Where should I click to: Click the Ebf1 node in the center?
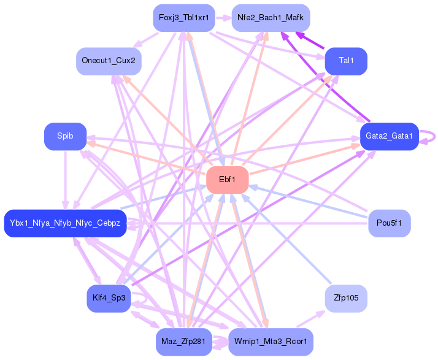click(228, 180)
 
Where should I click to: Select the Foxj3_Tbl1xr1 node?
click(184, 18)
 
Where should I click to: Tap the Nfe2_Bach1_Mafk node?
click(271, 18)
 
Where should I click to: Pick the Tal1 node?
click(346, 61)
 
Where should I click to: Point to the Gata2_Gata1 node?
click(390, 136)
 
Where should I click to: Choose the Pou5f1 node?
click(390, 223)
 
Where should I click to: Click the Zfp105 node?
click(346, 298)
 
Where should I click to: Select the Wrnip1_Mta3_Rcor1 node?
click(271, 342)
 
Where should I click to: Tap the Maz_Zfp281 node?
click(184, 342)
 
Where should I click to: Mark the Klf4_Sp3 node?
click(109, 298)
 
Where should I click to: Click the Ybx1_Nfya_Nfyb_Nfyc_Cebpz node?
click(66, 223)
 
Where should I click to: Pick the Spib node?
click(66, 136)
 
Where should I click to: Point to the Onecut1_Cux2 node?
click(109, 61)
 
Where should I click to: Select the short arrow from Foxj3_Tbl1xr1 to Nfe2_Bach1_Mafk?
click(223, 18)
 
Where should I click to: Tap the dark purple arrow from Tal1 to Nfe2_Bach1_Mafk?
click(310, 40)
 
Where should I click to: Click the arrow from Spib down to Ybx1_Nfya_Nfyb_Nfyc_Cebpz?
click(66, 180)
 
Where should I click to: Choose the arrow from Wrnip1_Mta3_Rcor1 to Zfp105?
click(310, 319)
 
